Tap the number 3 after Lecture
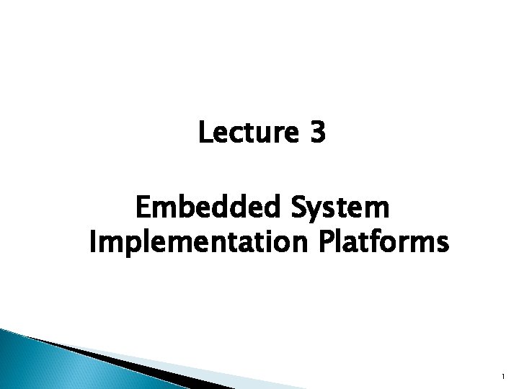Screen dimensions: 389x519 point(319,133)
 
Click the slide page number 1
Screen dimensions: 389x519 point(500,375)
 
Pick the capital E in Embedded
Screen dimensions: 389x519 point(143,209)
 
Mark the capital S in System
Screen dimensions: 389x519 point(298,209)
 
